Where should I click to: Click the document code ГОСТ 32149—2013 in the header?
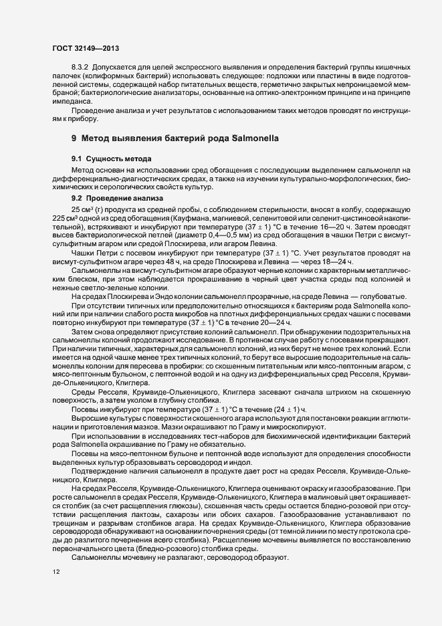click(x=86, y=48)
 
